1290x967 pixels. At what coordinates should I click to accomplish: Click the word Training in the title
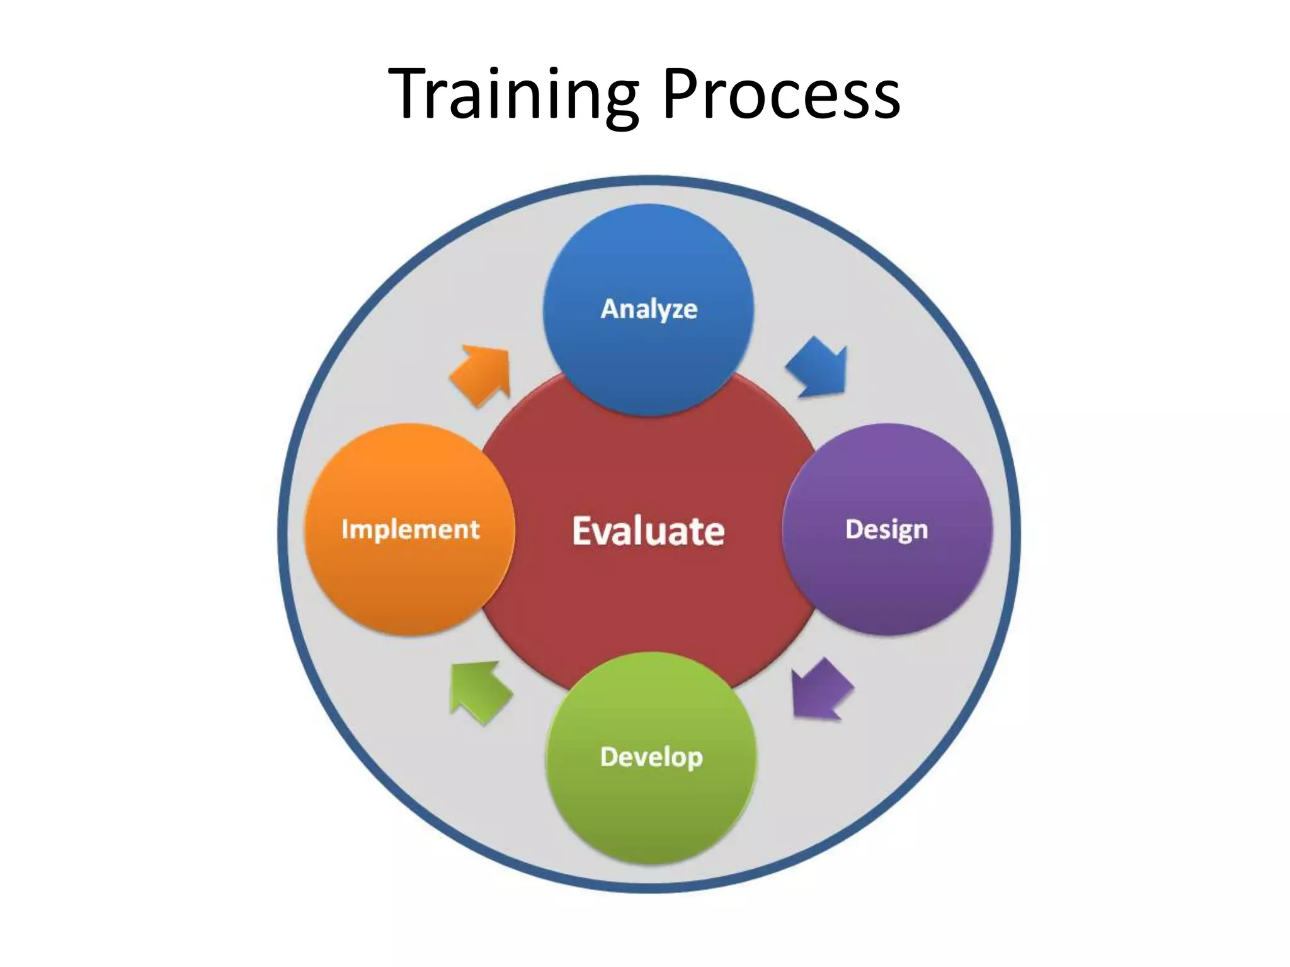tap(513, 94)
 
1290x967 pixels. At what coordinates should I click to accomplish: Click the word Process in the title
tap(781, 94)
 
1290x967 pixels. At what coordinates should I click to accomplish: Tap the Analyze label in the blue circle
tap(649, 309)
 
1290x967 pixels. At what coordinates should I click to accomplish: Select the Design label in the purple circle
tap(886, 529)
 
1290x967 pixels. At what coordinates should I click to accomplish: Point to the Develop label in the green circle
tap(651, 757)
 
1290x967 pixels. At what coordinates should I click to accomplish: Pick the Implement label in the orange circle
tap(410, 529)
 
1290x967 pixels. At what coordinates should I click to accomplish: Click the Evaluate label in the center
tap(648, 531)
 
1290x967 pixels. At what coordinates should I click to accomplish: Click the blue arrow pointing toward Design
tap(818, 368)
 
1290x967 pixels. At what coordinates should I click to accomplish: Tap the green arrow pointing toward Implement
tap(479, 692)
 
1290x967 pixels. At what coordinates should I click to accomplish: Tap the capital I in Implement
tap(345, 529)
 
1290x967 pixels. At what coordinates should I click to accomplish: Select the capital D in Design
tap(853, 529)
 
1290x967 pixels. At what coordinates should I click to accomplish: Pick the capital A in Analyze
tap(610, 308)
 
